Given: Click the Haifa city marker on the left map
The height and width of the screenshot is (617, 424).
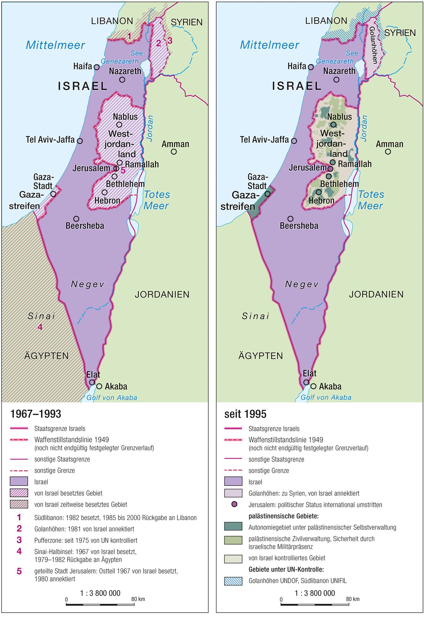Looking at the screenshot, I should [x=96, y=67].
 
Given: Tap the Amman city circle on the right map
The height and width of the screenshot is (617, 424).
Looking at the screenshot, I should [x=388, y=152].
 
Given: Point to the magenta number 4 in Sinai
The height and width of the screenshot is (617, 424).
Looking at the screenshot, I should [x=40, y=327].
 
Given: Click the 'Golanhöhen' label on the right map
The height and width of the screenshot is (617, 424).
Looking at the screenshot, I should [x=373, y=45].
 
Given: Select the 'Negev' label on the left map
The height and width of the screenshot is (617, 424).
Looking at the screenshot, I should [x=88, y=284].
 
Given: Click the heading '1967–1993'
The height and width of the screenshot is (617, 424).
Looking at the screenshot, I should [x=36, y=414].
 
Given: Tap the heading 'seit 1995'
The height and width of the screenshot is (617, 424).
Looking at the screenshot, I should [x=245, y=414].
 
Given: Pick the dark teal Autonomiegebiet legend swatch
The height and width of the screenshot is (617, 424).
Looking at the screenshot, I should [x=233, y=526].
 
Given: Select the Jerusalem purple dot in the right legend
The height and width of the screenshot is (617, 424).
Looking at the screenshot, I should [x=234, y=504].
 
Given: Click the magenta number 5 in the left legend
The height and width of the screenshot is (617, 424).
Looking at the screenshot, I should [x=19, y=571].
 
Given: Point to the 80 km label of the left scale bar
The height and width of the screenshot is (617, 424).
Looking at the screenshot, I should [x=138, y=599].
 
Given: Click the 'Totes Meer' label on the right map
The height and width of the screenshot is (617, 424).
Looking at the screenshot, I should [x=371, y=200].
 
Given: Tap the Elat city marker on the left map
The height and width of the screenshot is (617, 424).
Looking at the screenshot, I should [x=92, y=382].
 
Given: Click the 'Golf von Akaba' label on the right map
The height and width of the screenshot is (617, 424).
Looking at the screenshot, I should [x=326, y=397].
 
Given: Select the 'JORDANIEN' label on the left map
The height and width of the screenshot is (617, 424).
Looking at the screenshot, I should [x=162, y=294].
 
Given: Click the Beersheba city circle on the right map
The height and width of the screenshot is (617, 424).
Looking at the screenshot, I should [x=290, y=219].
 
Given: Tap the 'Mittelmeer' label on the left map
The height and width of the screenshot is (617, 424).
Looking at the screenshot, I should [x=55, y=45].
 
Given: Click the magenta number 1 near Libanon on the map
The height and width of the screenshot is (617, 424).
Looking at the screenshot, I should [x=129, y=36].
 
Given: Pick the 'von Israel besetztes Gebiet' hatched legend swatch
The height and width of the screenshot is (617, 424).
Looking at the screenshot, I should [x=19, y=493].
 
